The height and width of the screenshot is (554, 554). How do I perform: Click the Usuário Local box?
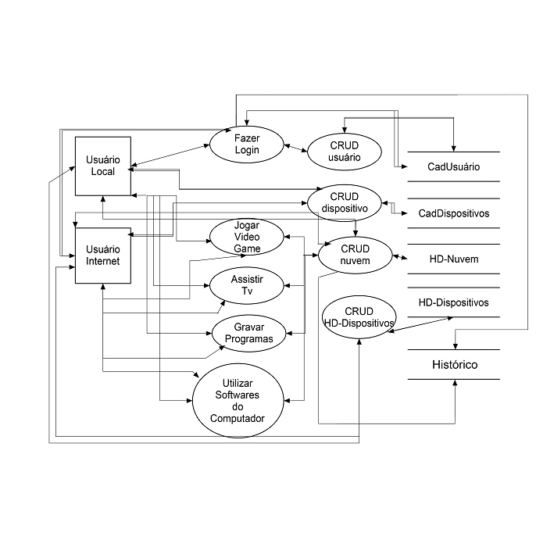click(102, 166)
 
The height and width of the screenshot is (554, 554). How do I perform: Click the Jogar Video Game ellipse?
click(246, 236)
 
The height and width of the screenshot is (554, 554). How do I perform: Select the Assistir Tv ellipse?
click(246, 285)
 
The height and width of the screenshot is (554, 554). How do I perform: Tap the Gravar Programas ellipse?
click(248, 334)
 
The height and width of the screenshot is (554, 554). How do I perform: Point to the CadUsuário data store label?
click(453, 166)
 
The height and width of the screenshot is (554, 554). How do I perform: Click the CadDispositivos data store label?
click(453, 213)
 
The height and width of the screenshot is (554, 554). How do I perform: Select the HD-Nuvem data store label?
click(454, 259)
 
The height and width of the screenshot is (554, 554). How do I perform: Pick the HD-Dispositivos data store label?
click(454, 302)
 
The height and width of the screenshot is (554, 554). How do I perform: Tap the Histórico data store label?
click(454, 365)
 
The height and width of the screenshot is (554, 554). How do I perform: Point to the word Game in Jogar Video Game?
click(246, 248)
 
